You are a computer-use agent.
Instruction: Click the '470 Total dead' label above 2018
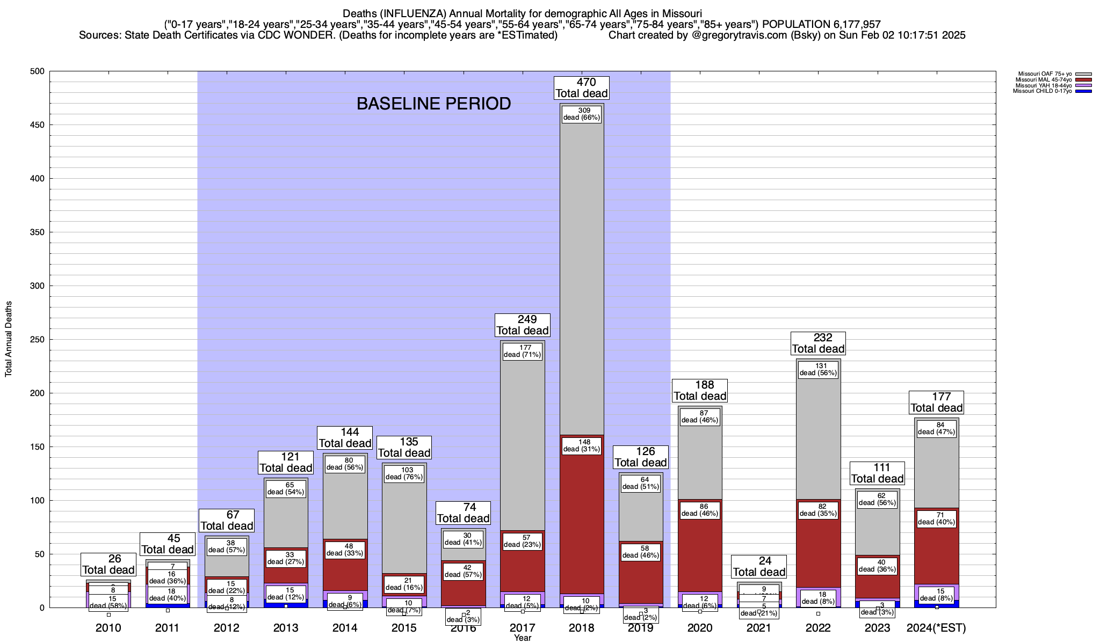[x=582, y=88]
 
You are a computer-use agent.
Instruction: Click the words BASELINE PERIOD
[x=433, y=104]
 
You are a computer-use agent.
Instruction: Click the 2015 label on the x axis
[x=404, y=628]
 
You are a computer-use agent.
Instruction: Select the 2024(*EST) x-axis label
[x=936, y=628]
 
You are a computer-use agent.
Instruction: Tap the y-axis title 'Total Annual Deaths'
[x=9, y=339]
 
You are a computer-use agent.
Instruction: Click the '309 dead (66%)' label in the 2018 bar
[x=582, y=114]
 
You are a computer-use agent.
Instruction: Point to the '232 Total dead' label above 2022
[x=819, y=343]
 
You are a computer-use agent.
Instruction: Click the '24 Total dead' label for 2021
[x=759, y=567]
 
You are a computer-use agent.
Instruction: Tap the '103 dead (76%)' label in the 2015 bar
[x=404, y=473]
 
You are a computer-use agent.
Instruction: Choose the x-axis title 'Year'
[x=522, y=638]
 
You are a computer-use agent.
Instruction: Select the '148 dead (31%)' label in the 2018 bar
[x=582, y=446]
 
